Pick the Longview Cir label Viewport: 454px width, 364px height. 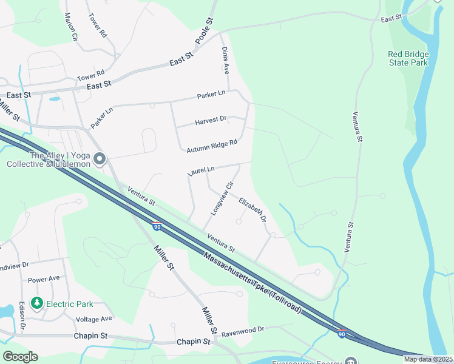(222, 199)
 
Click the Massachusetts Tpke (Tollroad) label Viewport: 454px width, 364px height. (252, 282)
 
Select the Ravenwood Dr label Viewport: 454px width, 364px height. (243, 330)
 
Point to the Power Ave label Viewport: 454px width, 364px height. (44, 279)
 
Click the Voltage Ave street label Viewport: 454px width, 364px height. (94, 318)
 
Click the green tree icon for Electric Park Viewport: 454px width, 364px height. (36, 303)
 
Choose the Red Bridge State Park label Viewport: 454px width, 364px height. (408, 58)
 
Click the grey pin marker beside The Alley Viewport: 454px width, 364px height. (100, 159)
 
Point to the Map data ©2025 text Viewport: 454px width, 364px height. (428, 359)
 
